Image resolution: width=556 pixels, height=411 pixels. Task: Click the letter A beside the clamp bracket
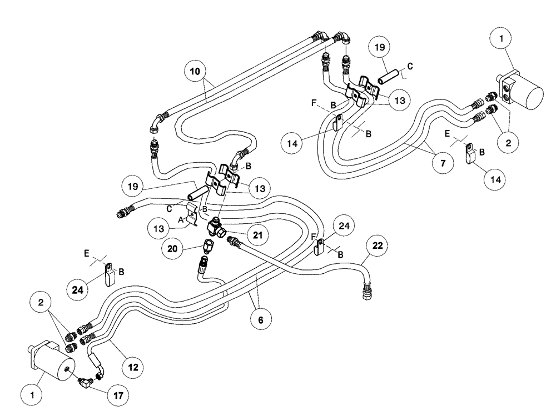point(181,220)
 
